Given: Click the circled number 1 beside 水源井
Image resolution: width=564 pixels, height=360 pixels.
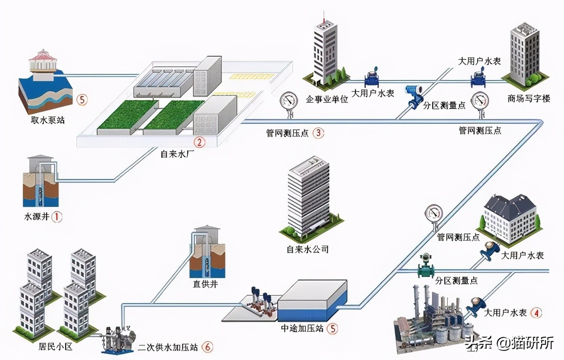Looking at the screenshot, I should (57, 216).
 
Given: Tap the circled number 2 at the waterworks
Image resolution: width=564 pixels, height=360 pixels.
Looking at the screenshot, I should (199, 141).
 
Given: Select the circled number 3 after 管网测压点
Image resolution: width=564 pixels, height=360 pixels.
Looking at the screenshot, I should (318, 133).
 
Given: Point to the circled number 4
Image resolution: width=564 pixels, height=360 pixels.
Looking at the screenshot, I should (537, 312).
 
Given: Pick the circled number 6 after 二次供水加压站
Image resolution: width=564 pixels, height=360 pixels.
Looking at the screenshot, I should (207, 347).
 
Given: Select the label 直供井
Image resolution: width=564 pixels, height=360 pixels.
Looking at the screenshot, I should (206, 285).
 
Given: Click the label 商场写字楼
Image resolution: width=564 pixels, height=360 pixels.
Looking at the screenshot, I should (528, 98).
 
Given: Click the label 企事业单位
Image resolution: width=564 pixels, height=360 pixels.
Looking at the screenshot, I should (327, 99).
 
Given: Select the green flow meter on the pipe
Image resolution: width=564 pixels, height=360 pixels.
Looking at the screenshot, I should (426, 267).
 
